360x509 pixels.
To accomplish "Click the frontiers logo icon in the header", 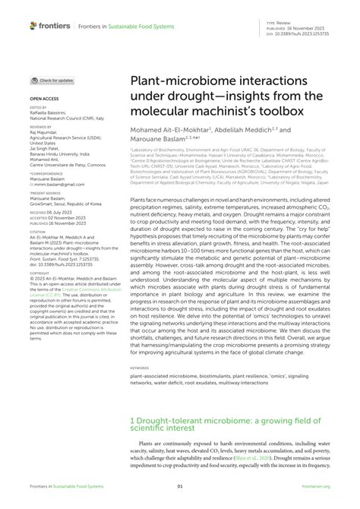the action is (33, 25).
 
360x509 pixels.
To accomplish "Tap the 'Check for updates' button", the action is (52, 80).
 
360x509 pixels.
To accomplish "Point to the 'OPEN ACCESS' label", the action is (45, 99).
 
